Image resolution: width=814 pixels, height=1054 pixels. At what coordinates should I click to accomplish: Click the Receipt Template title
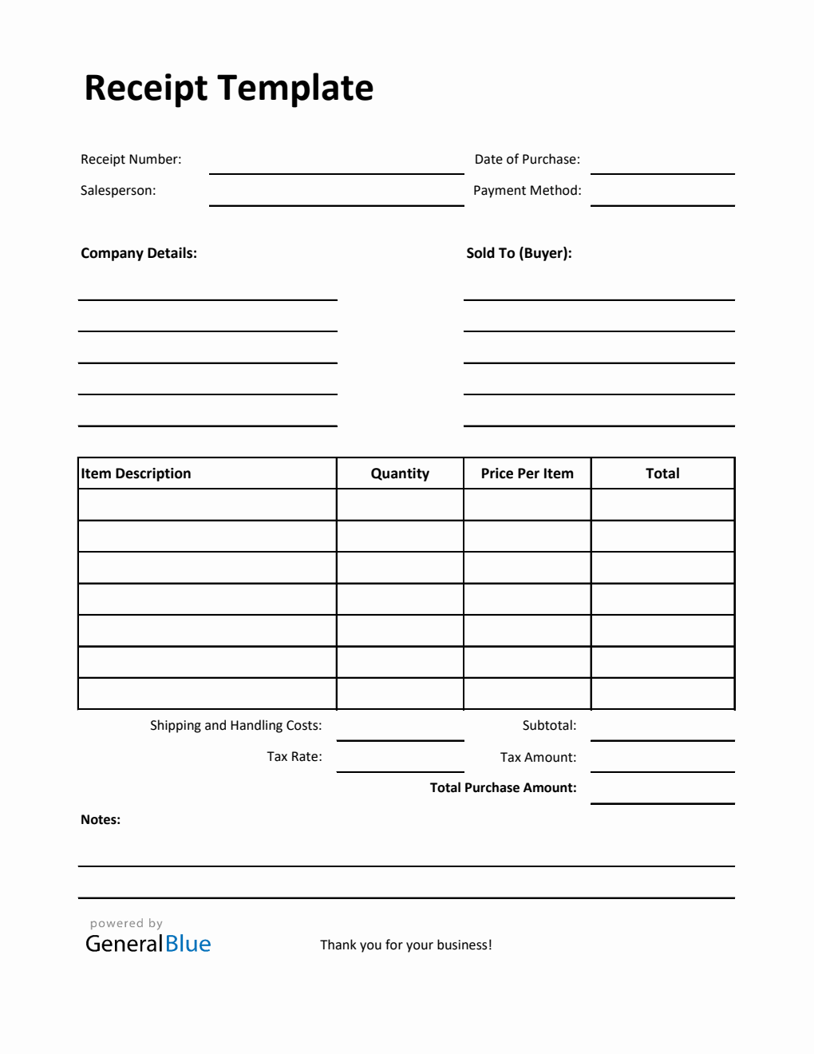(x=229, y=88)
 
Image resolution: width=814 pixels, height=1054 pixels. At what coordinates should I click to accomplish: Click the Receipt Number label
(x=131, y=159)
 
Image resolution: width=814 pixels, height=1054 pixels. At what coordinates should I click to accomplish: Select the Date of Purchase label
(x=527, y=159)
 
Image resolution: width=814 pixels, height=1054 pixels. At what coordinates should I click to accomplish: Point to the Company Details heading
(x=139, y=253)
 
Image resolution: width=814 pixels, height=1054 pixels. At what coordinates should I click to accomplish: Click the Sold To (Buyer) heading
(x=519, y=253)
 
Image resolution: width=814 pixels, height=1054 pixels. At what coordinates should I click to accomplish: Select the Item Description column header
(x=136, y=474)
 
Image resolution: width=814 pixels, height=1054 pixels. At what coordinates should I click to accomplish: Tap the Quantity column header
(x=400, y=474)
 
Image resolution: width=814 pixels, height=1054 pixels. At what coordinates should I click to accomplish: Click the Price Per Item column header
(x=527, y=474)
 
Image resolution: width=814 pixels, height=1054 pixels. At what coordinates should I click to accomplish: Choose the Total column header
(x=662, y=474)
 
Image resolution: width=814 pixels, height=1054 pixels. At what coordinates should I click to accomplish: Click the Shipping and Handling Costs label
(x=236, y=725)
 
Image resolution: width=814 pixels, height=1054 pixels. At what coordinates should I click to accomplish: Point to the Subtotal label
(x=549, y=725)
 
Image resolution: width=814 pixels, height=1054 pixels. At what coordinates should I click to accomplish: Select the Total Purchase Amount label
(x=503, y=787)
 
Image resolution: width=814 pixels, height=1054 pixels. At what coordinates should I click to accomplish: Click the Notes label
(x=101, y=819)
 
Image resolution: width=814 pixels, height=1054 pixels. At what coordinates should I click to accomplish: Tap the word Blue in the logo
(x=188, y=944)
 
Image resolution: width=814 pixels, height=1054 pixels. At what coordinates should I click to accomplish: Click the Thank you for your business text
(x=406, y=945)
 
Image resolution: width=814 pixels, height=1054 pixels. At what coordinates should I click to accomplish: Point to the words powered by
(x=126, y=923)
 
